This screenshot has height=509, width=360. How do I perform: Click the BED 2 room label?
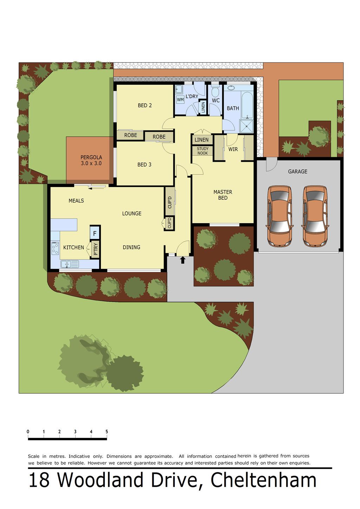pos(144,105)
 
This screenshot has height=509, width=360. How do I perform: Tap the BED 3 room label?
pos(144,165)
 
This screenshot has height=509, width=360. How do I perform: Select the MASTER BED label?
pos(223,195)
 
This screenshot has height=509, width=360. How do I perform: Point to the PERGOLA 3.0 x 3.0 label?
pos(91,160)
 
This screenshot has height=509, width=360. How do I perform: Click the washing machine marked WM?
pos(180,99)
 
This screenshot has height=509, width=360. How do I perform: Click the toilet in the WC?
pos(215,91)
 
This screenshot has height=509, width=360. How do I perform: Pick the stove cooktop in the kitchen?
pos(55,248)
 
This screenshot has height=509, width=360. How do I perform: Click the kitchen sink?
pos(70,264)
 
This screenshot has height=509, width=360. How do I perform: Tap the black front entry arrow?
pos(182,260)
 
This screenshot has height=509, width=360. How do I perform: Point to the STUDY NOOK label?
pos(202,151)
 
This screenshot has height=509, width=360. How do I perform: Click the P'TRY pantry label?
pos(96,249)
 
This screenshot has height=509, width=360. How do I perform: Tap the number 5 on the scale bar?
pos(107,432)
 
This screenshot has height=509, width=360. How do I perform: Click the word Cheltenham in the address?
pos(263,480)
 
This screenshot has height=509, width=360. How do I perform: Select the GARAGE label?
pos(297,172)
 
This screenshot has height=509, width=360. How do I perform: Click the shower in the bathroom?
pos(246,126)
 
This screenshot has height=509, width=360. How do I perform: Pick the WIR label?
pos(233,149)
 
